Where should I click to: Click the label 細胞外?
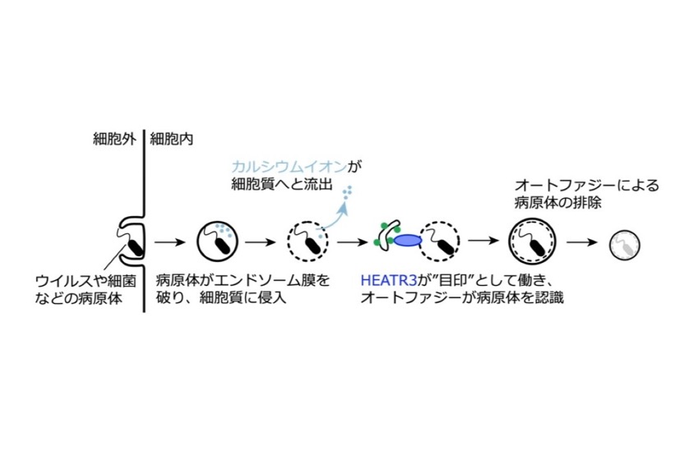click(x=114, y=140)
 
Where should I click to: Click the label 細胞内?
click(x=171, y=140)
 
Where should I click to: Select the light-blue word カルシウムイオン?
click(x=289, y=168)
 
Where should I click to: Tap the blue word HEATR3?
click(x=389, y=280)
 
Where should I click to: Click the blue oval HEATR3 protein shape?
click(x=407, y=241)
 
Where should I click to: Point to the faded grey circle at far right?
click(x=625, y=245)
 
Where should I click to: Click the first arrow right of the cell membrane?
click(x=169, y=242)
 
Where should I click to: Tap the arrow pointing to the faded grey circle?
click(x=582, y=242)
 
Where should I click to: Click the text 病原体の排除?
click(x=557, y=203)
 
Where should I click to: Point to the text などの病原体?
click(x=79, y=297)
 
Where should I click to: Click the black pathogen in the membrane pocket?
click(x=136, y=247)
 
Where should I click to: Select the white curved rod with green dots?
click(x=388, y=234)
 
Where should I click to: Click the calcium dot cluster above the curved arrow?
click(x=347, y=191)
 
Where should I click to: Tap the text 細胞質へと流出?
click(x=282, y=184)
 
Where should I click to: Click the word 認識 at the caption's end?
click(x=549, y=297)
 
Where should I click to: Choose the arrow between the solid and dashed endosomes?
click(x=261, y=242)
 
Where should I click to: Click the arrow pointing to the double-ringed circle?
click(x=484, y=241)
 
